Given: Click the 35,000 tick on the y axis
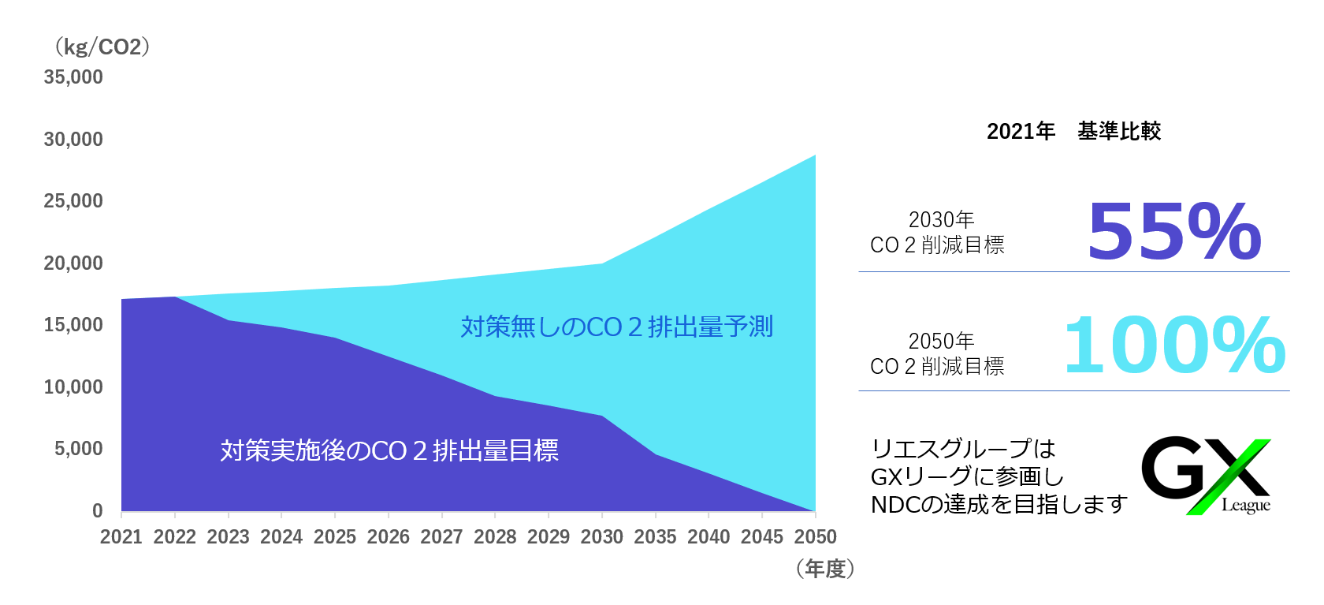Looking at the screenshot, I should click(73, 77).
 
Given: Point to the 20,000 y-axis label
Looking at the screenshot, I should click(73, 263).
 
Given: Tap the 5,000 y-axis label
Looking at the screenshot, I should click(79, 449).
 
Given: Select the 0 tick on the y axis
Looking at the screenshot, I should click(98, 511).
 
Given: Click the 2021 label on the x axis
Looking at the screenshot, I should click(121, 537).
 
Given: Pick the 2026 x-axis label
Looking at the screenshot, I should click(388, 537).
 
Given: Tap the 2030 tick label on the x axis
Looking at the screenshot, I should click(601, 537).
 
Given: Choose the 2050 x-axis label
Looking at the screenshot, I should click(815, 537).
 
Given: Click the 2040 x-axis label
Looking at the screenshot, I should click(708, 537).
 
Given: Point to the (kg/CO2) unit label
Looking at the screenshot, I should click(102, 47).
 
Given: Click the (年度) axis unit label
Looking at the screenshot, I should click(825, 569).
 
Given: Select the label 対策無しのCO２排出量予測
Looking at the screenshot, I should click(616, 327).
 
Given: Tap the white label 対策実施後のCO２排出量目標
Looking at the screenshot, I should click(389, 450).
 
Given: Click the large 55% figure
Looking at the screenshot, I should click(1173, 232).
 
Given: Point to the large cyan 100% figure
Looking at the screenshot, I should click(1174, 345).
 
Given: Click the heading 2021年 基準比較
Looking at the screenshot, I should click(1073, 131).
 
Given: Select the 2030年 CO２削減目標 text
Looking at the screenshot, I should click(937, 233).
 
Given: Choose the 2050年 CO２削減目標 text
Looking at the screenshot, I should click(937, 354).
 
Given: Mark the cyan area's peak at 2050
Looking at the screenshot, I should click(815, 155).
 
